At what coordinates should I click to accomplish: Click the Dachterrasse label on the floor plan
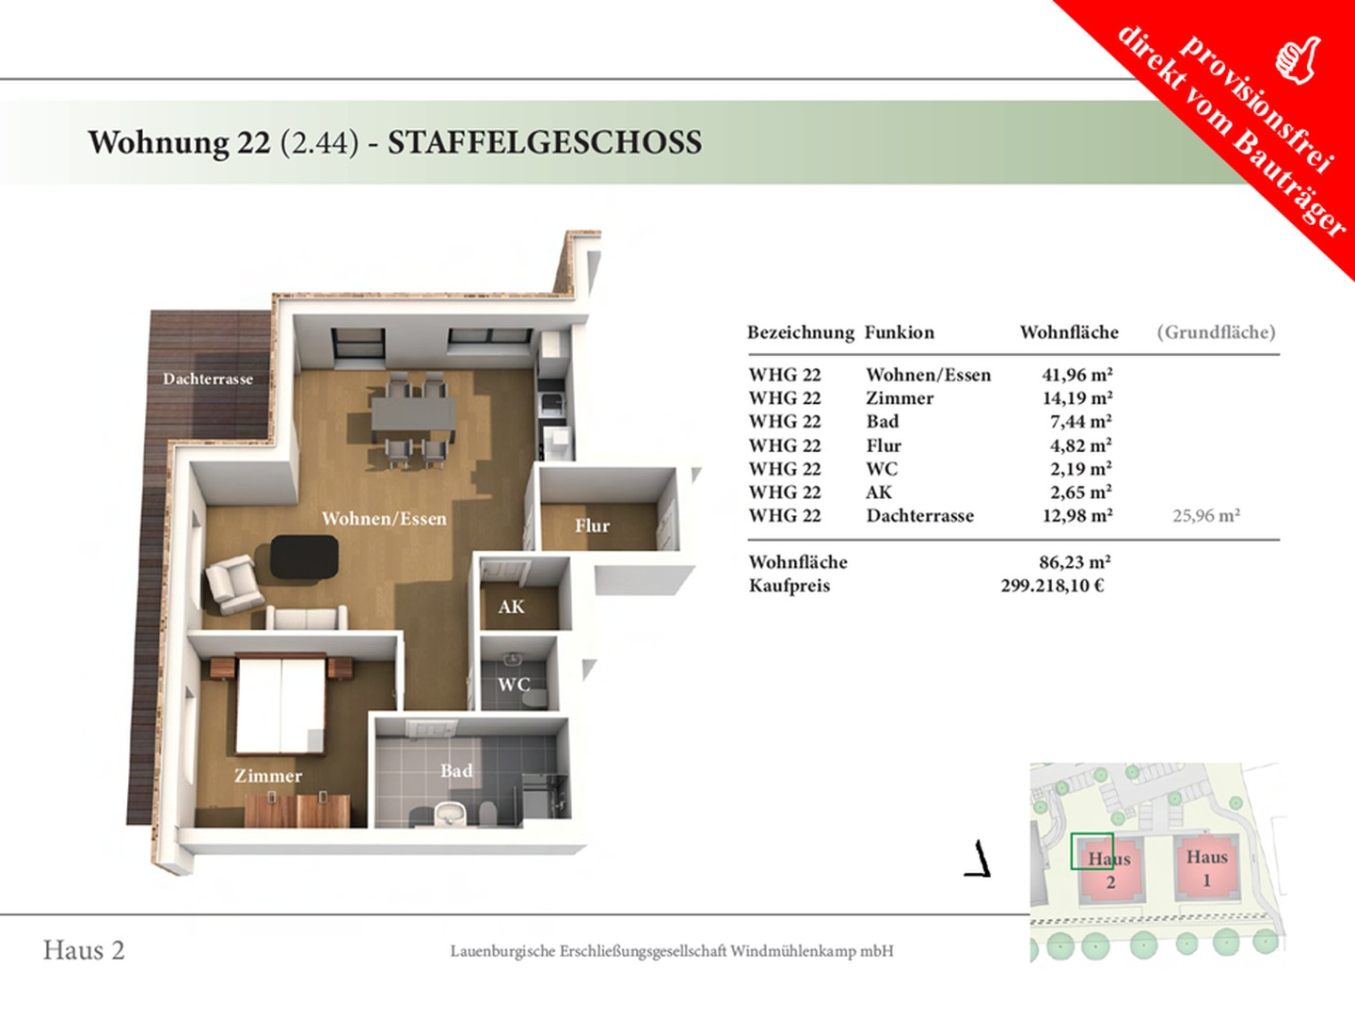pos(208,379)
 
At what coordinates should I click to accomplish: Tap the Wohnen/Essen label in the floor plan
pos(384,518)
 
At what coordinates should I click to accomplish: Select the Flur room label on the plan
pos(592,525)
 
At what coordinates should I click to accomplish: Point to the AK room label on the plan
pos(511,606)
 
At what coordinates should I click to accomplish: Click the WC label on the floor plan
pos(514,685)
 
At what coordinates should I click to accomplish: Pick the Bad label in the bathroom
pos(456,770)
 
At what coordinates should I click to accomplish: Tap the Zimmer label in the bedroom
pos(268,776)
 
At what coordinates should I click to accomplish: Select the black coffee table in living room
pos(304,557)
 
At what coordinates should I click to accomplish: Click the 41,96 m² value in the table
pos(1076,375)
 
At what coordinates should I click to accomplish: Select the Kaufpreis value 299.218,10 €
pos(1052,586)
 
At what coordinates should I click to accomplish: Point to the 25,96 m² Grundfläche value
pos(1205,516)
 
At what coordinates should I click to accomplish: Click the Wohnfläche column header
pos(1069,332)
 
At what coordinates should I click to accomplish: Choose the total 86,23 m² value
pos(1075,562)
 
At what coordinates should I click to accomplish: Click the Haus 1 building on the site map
pos(1206,866)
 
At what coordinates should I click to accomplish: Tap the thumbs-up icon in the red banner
pos(1299,59)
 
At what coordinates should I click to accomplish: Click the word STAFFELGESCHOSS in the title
pos(544,142)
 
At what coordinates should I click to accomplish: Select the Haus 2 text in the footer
pos(84,950)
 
